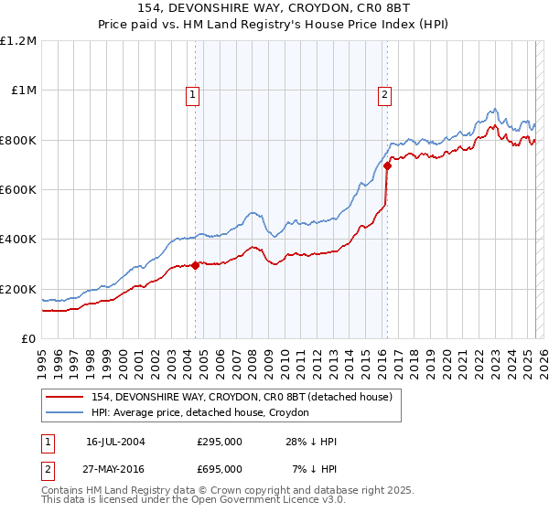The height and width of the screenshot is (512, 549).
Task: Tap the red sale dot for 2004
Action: click(x=196, y=266)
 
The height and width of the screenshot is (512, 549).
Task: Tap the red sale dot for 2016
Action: click(x=387, y=166)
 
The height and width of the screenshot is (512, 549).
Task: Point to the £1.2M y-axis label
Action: click(x=18, y=40)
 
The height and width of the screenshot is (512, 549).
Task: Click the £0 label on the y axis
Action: click(x=29, y=338)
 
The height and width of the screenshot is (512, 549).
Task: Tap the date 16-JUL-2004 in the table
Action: click(x=115, y=442)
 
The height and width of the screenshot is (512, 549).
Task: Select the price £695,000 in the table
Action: click(x=219, y=468)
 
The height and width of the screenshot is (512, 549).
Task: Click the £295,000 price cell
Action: click(x=219, y=442)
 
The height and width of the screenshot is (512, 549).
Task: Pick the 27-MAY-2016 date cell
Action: click(x=115, y=468)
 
